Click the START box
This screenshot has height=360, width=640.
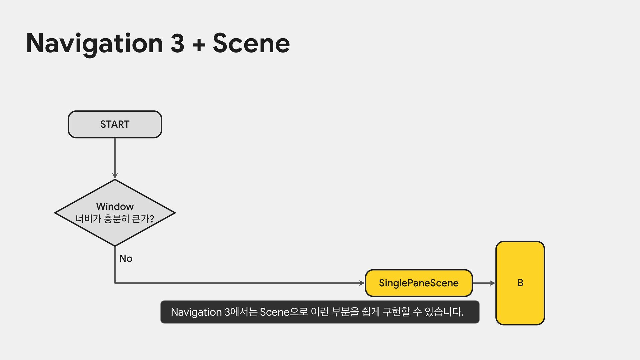(x=115, y=124)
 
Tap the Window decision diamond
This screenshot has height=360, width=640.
(x=115, y=213)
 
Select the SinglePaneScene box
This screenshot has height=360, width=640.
(x=419, y=283)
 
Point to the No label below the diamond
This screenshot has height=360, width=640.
(x=126, y=258)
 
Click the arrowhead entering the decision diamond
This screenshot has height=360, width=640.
(x=115, y=176)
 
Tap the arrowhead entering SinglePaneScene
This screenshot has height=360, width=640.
(x=362, y=283)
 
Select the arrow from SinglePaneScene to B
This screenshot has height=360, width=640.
(x=484, y=283)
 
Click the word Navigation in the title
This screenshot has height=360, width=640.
(x=94, y=43)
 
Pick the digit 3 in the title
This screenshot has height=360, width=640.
(x=177, y=43)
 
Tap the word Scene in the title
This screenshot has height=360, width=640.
(x=251, y=43)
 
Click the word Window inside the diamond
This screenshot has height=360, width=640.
(x=115, y=206)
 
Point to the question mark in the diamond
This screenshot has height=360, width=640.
(x=152, y=219)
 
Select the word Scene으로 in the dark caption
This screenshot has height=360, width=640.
(x=284, y=312)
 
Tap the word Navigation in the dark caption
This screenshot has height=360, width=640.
(x=196, y=312)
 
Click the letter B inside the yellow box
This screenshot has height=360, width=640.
(x=520, y=283)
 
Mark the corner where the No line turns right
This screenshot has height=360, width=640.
(x=115, y=283)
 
